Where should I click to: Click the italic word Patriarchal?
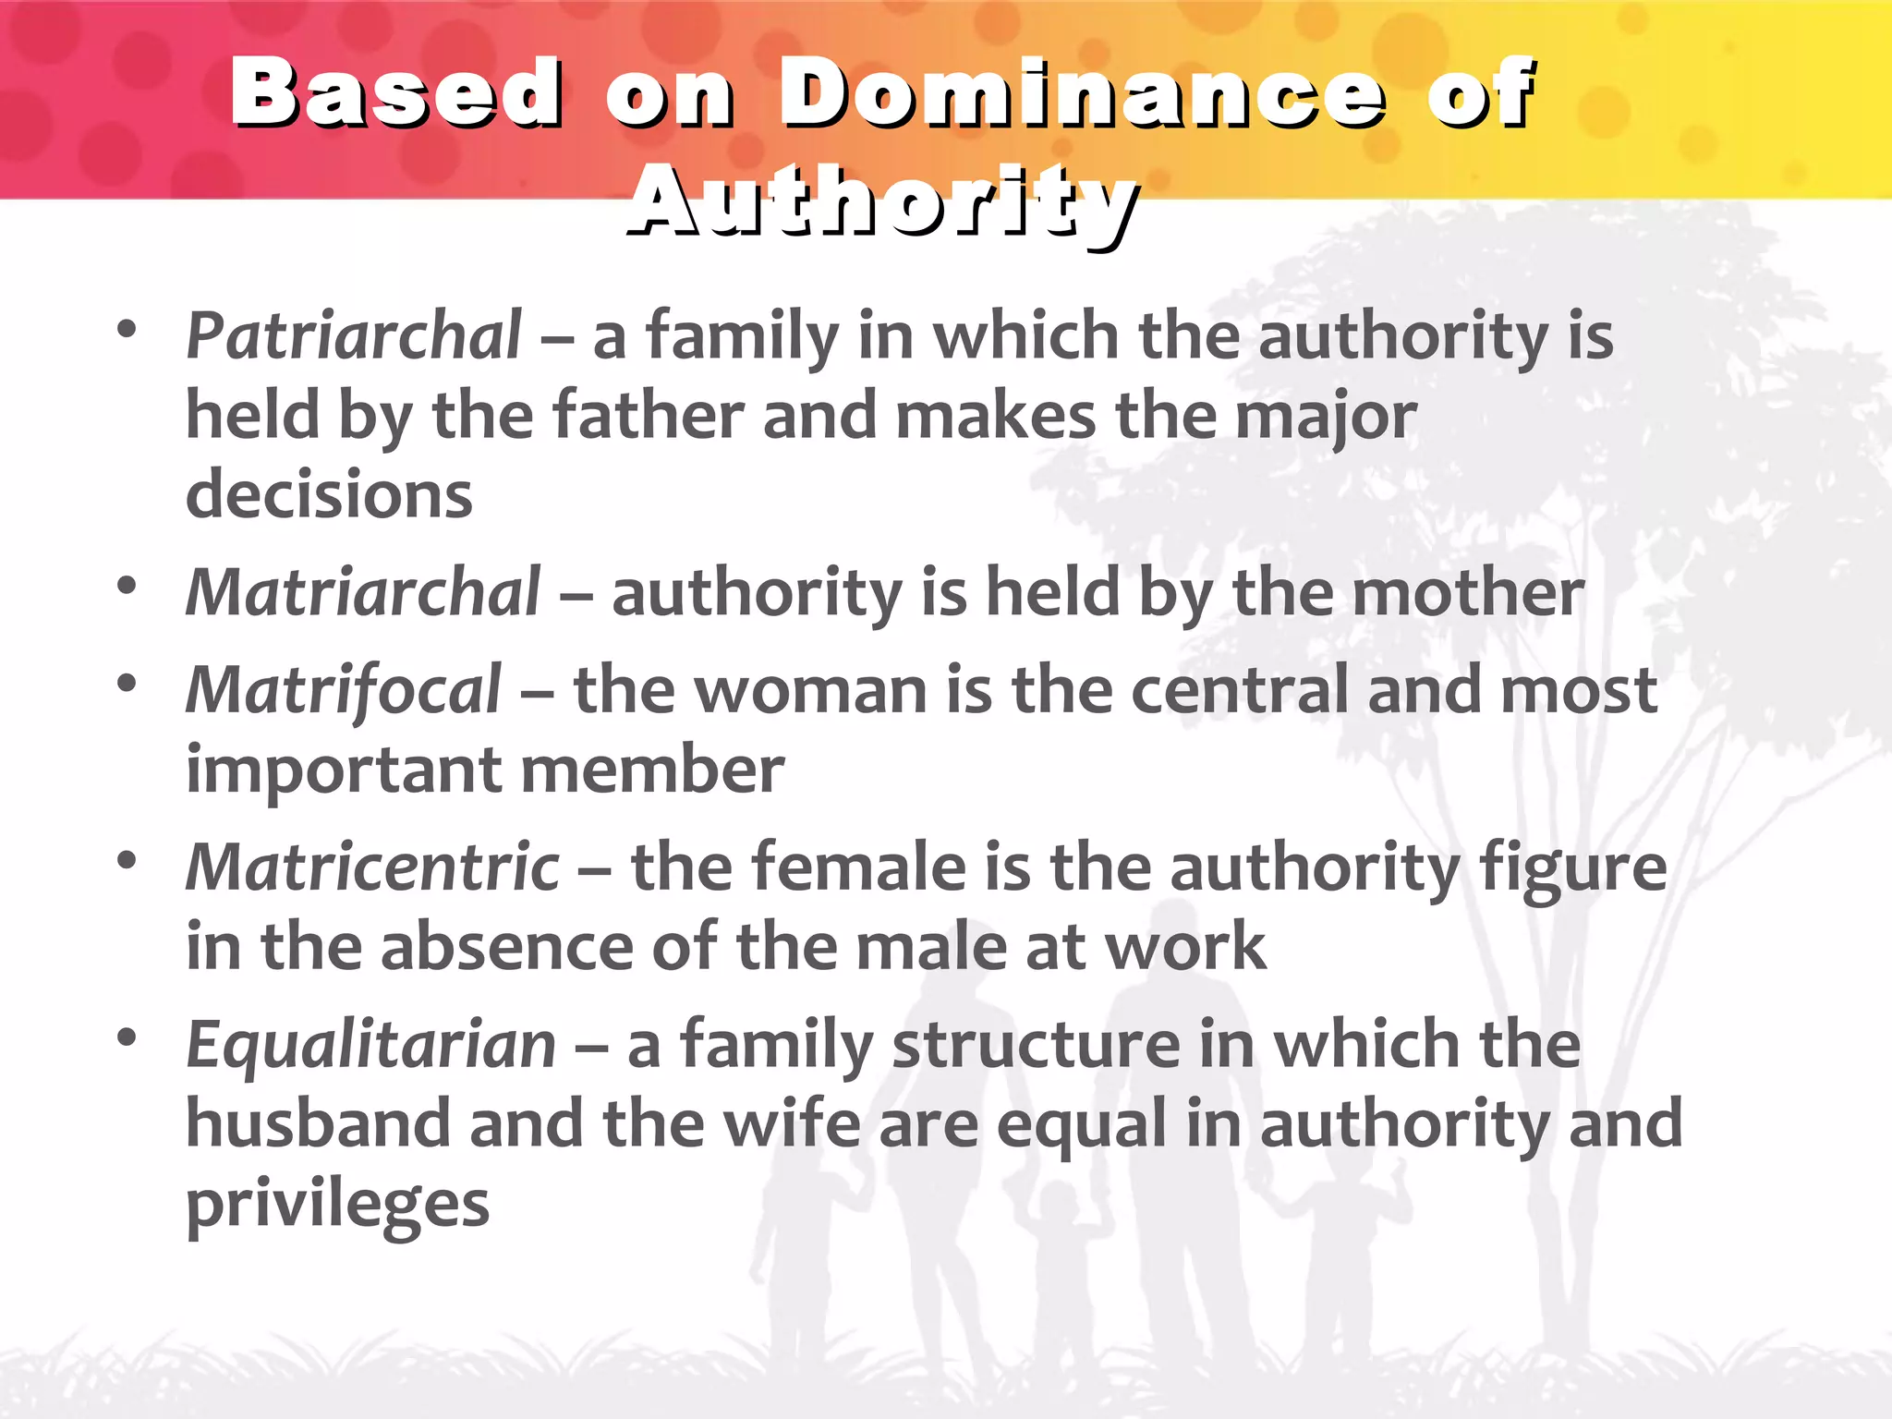[354, 335]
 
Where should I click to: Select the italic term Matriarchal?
[363, 592]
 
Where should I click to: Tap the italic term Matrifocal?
[344, 690]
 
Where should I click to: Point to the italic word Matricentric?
[372, 867]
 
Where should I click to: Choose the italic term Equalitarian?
[370, 1045]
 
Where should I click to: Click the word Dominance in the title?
[1082, 92]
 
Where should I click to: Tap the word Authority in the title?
[883, 200]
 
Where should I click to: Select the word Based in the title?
[396, 92]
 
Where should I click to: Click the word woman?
[810, 690]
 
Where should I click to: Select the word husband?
[317, 1124]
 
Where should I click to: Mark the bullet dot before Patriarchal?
[127, 329]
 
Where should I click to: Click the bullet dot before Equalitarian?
[127, 1037]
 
